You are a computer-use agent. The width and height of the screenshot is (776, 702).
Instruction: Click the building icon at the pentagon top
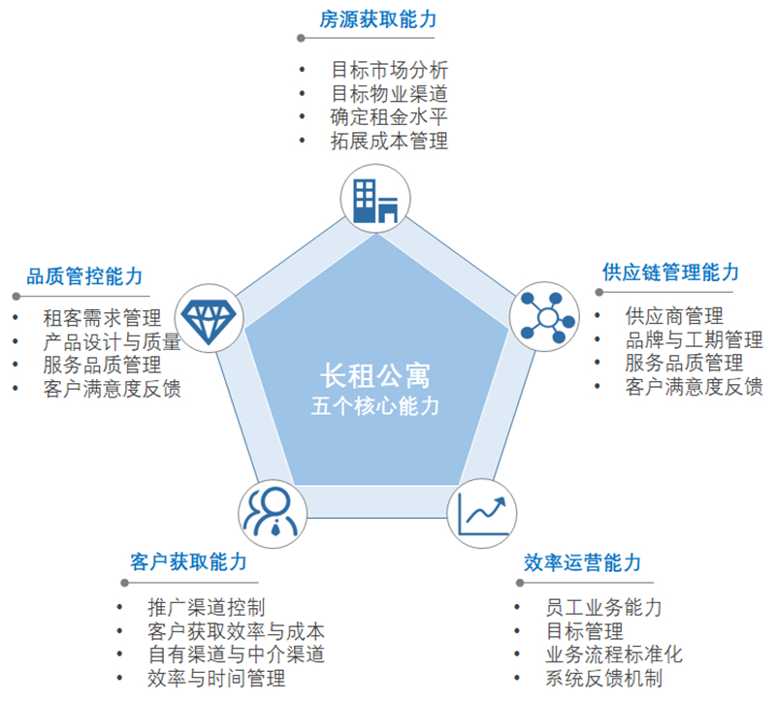(375, 201)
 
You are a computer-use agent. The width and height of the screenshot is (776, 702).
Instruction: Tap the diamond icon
(209, 320)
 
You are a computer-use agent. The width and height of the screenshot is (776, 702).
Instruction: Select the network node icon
(547, 317)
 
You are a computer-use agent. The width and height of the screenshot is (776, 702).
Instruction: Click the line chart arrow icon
(482, 515)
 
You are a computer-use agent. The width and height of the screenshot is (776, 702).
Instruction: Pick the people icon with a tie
(273, 512)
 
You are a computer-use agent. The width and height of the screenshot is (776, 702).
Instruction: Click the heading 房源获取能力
(378, 19)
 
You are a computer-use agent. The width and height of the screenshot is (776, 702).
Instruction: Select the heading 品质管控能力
(84, 276)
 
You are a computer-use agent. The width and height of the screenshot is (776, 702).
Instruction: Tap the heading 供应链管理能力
(670, 272)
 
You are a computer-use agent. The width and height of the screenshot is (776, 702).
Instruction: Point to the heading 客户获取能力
(188, 562)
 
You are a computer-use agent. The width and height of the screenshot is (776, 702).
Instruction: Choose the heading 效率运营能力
(583, 562)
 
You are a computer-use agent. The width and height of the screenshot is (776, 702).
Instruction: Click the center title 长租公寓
(375, 376)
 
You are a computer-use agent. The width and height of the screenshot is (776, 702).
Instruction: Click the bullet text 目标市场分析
(390, 70)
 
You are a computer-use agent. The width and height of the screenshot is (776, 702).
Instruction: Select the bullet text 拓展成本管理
(390, 141)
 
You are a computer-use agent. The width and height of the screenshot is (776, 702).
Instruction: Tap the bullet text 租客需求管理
(103, 318)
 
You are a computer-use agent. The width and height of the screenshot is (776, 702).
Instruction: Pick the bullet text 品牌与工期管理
(694, 339)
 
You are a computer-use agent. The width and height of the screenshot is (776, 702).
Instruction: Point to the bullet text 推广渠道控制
(207, 607)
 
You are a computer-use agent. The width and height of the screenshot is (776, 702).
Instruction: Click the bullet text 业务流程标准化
(614, 654)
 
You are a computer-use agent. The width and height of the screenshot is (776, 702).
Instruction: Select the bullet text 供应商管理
(674, 316)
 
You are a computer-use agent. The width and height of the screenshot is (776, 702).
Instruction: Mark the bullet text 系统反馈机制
(603, 678)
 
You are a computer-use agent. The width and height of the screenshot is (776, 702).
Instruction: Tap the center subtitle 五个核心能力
(375, 406)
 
